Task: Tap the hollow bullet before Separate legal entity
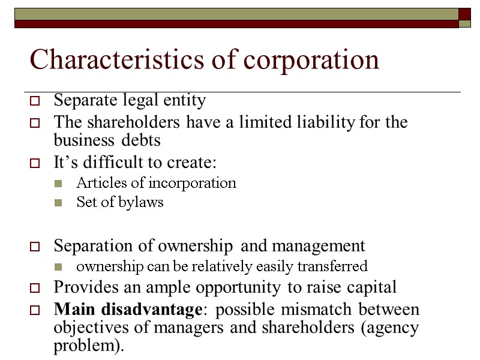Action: [35, 101]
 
